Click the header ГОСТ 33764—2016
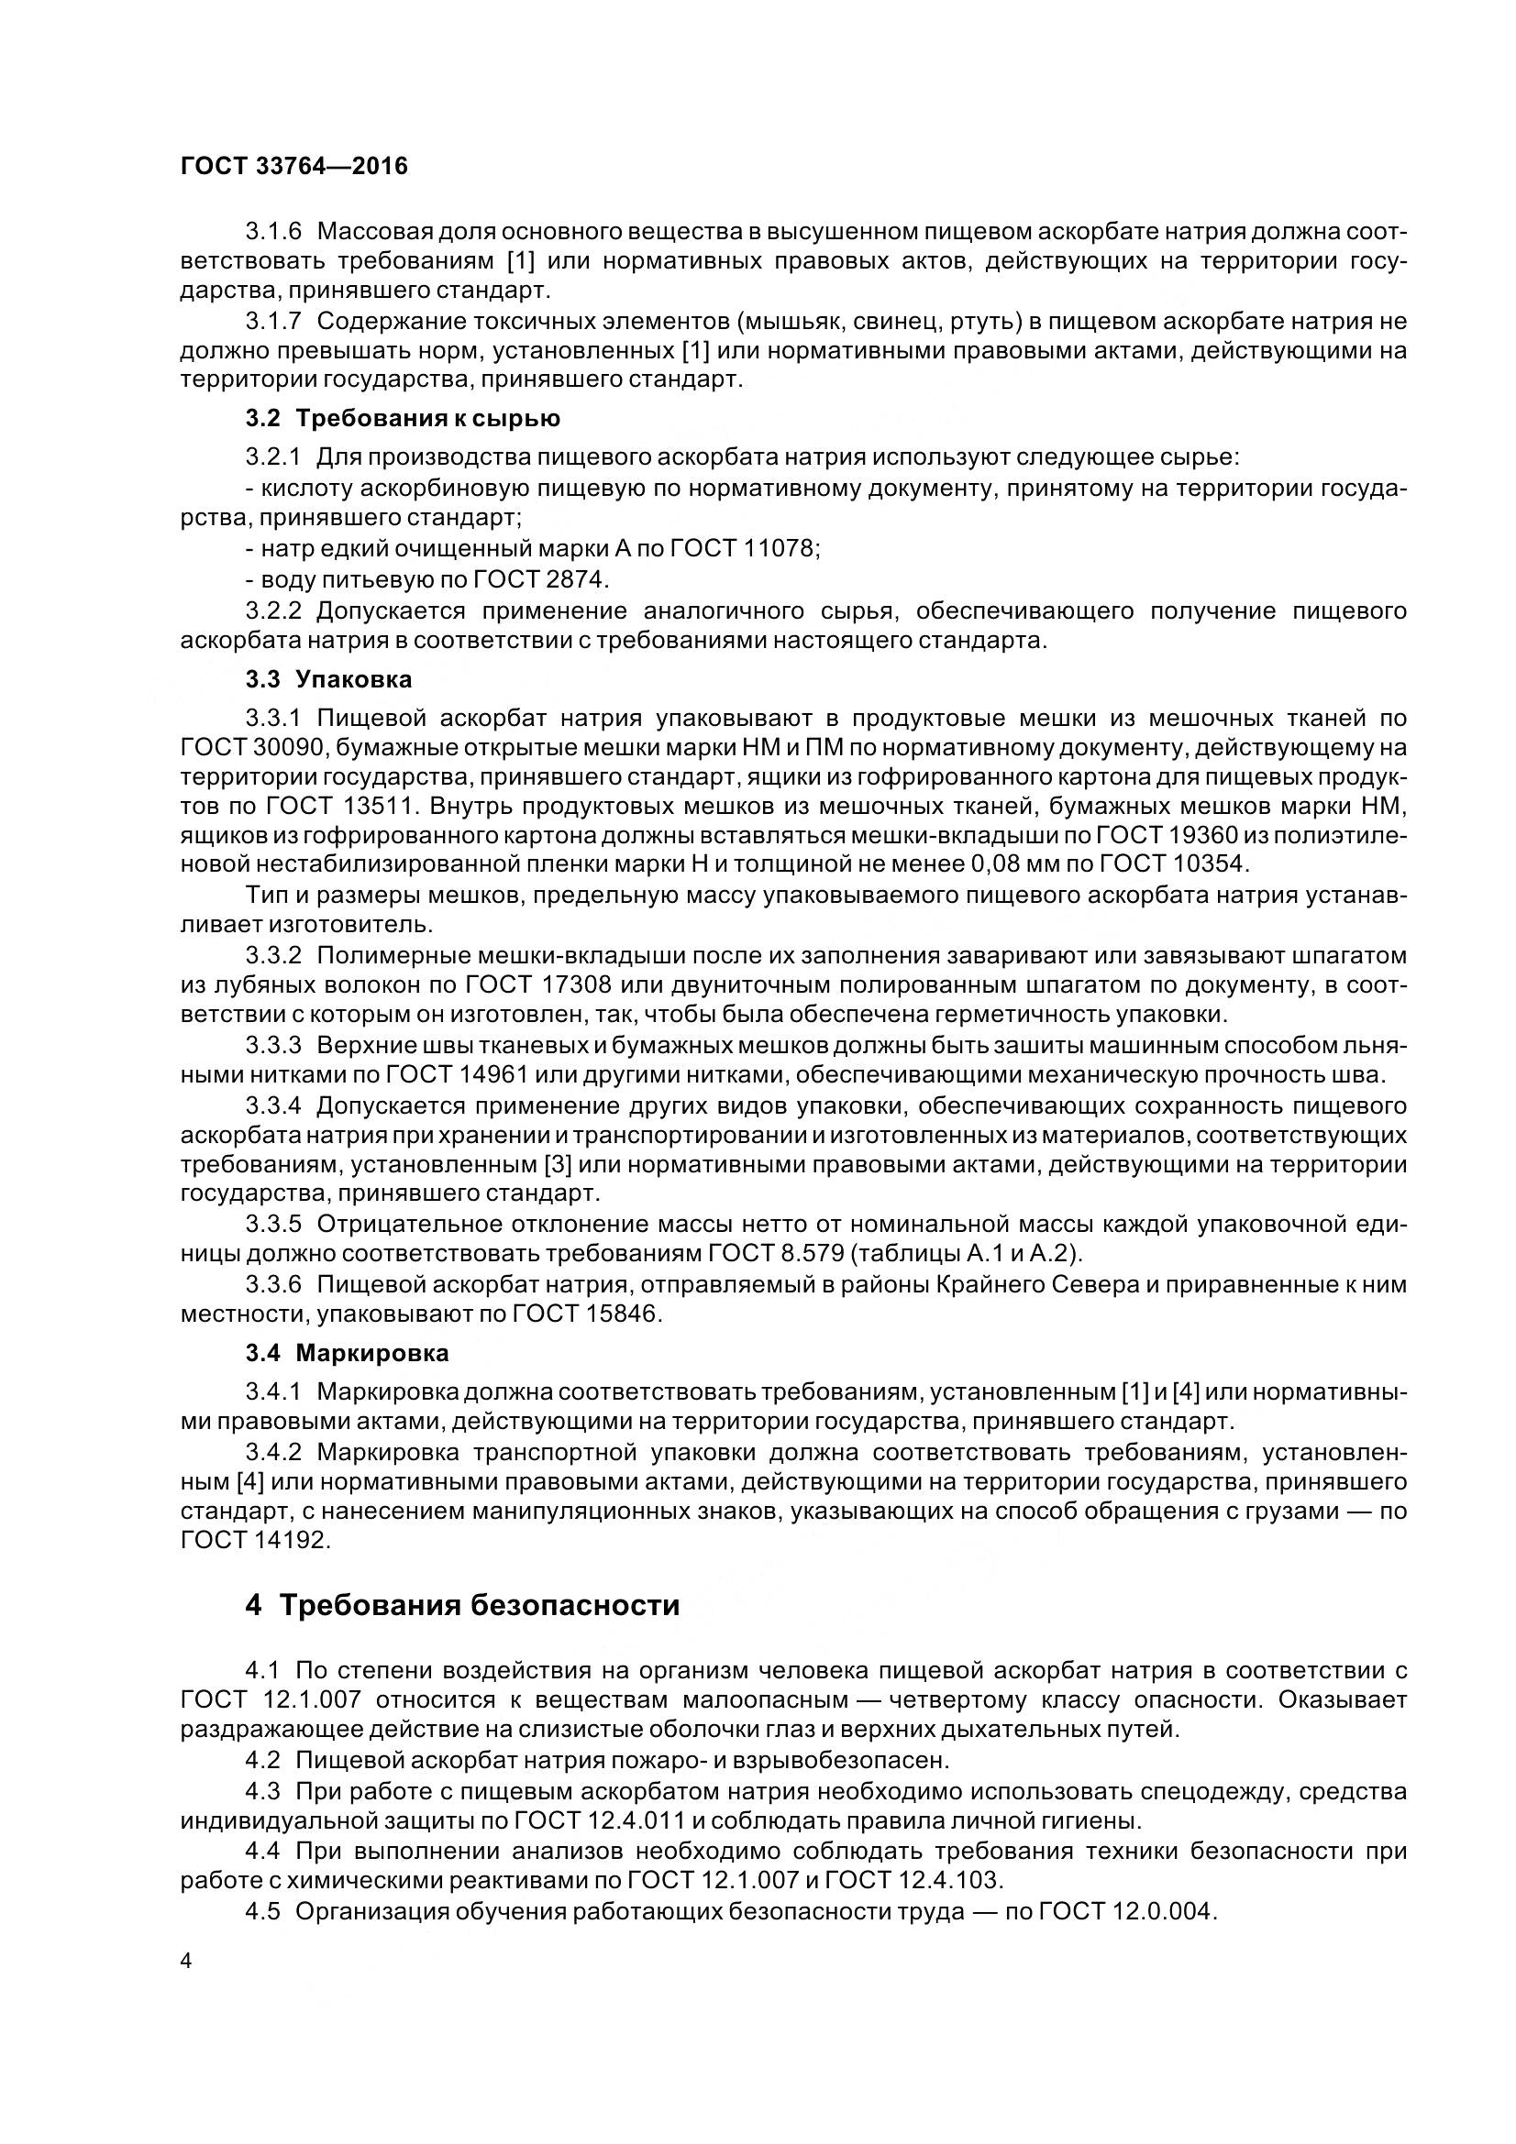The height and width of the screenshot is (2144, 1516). pyautogui.click(x=294, y=166)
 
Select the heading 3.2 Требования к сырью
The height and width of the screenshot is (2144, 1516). pyautogui.click(x=403, y=418)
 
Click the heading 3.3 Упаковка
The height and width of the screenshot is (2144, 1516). pyautogui.click(x=329, y=679)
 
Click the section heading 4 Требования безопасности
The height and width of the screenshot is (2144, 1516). pyautogui.click(x=462, y=1605)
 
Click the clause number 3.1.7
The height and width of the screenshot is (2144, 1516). pyautogui.click(x=273, y=321)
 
